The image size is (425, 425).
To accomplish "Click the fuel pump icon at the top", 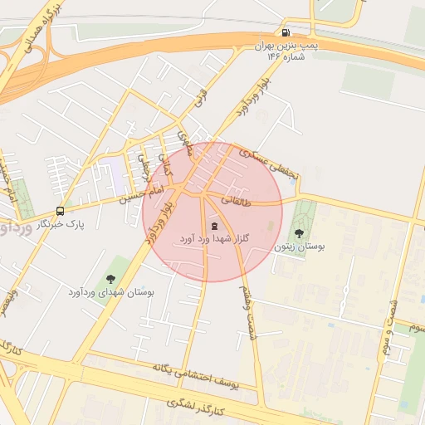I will click(x=287, y=23).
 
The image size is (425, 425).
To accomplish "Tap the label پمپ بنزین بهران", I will click(x=287, y=40).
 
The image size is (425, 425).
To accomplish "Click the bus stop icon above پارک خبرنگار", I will click(x=60, y=211).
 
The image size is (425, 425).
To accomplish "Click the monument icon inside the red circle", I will click(x=214, y=226).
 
